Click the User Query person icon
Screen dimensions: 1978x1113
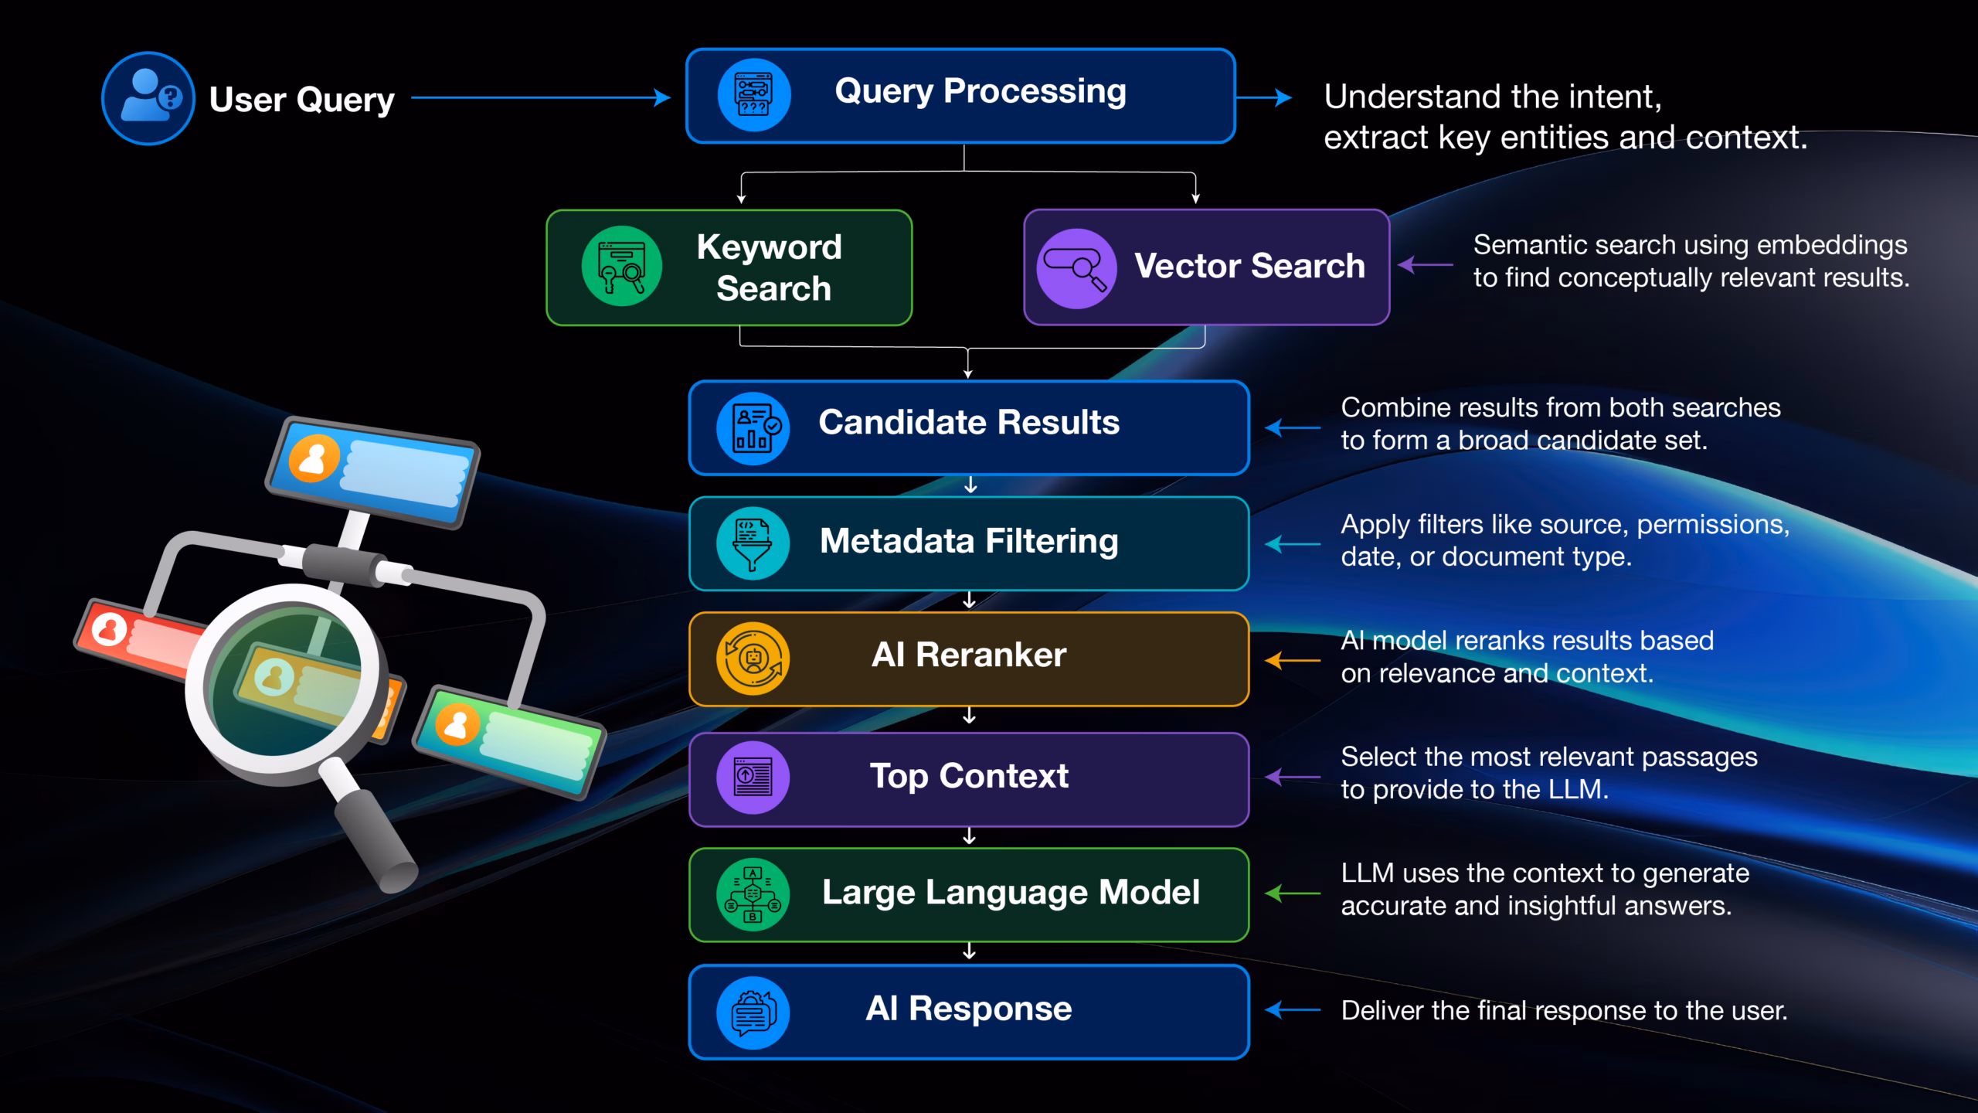pos(148,98)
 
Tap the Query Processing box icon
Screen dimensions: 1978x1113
pos(753,95)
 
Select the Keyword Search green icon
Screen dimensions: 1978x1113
pos(621,266)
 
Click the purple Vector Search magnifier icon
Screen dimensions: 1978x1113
pos(1076,269)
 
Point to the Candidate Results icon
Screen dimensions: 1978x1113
pos(753,428)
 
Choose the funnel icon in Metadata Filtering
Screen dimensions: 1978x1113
pos(753,543)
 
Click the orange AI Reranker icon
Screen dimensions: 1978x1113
pos(753,659)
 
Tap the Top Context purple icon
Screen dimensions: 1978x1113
pos(753,777)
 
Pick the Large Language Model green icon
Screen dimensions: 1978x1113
pos(753,894)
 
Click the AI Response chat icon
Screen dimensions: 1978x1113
pos(753,1013)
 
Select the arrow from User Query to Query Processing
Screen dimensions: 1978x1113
pos(541,97)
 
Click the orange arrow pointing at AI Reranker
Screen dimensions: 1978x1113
pos(1293,661)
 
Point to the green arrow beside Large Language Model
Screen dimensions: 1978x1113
pos(1293,893)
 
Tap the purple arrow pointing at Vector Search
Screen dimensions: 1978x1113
pos(1426,265)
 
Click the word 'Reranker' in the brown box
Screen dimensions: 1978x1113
pos(991,655)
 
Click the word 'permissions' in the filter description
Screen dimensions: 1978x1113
pos(1713,526)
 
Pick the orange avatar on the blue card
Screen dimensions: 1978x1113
pos(314,458)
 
